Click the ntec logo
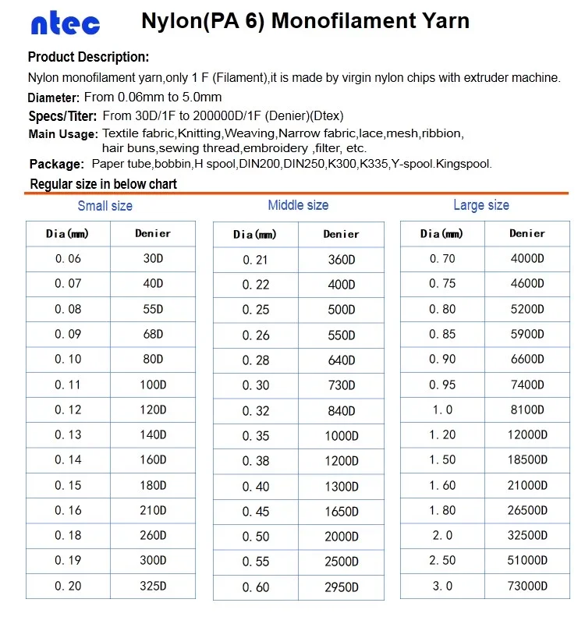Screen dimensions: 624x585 pos(66,23)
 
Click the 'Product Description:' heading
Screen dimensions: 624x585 pos(88,57)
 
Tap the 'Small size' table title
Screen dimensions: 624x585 pos(105,206)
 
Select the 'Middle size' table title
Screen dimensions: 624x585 pos(298,205)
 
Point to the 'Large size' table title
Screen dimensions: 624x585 pos(481,205)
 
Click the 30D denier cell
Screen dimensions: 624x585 pos(153,259)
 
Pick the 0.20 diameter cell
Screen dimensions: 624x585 pos(68,586)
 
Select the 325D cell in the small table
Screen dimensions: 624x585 pos(153,586)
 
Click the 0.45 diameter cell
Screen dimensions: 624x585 pos(255,512)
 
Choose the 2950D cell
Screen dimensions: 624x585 pos(342,587)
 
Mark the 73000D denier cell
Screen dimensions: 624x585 pos(527,586)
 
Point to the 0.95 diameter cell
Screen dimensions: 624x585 pos(442,385)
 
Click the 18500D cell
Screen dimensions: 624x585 pos(527,459)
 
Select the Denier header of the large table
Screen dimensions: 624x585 pos(527,233)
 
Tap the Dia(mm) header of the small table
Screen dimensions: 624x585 pos(68,233)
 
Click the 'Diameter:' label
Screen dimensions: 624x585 pos(54,98)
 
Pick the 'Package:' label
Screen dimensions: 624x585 pos(57,165)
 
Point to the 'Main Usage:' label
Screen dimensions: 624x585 pos(62,134)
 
